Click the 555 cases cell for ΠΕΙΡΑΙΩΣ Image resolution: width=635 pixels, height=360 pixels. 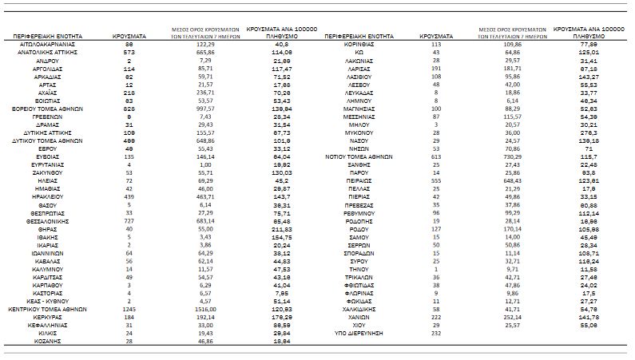click(435, 182)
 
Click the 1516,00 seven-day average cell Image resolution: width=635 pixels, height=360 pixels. click(201, 307)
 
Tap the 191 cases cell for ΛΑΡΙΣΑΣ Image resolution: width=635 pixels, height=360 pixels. click(435, 68)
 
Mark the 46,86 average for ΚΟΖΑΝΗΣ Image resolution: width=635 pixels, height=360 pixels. click(201, 340)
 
